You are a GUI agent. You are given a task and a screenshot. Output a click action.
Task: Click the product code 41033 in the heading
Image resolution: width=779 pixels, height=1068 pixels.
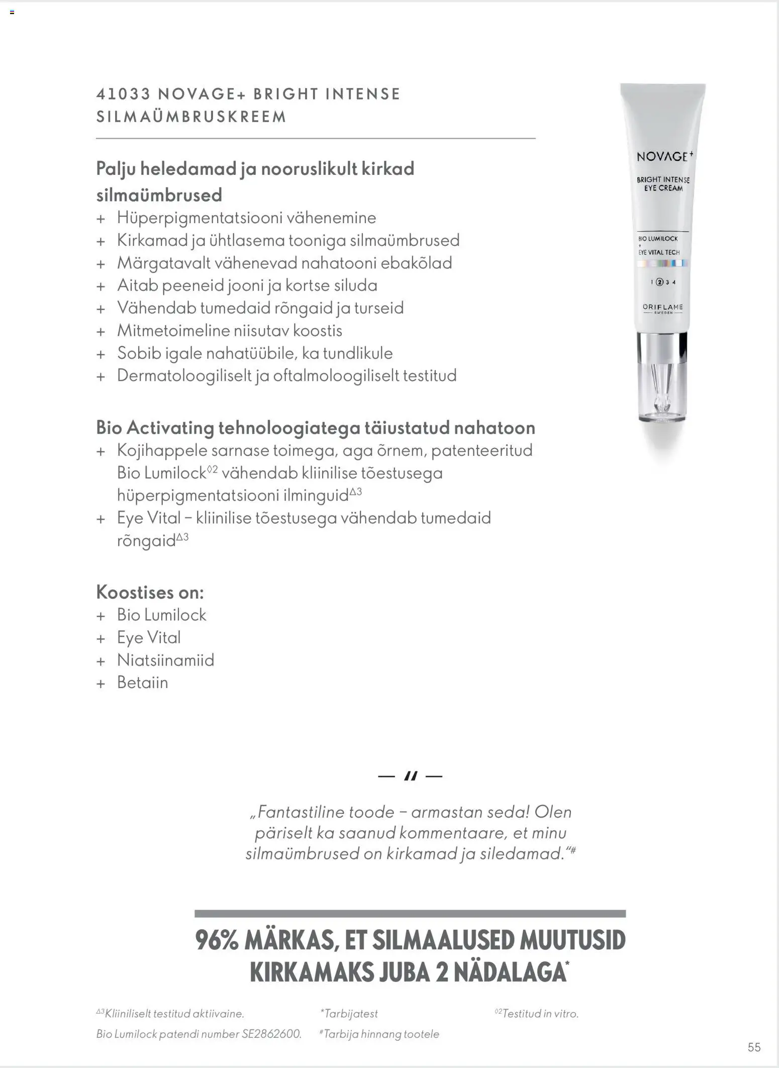[123, 94]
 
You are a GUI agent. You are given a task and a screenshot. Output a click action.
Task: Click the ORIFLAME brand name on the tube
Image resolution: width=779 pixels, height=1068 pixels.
[662, 307]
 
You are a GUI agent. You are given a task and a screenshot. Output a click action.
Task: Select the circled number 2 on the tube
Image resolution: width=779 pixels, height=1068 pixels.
[660, 282]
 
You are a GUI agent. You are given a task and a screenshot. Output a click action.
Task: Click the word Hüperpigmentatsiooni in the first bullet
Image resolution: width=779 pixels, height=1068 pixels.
[194, 218]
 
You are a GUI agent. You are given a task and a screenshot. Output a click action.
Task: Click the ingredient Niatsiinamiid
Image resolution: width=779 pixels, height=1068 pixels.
[165, 660]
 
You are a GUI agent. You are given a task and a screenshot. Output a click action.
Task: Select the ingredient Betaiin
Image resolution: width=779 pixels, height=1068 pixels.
[143, 683]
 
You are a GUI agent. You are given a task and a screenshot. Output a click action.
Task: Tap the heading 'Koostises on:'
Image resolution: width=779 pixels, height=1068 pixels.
[150, 592]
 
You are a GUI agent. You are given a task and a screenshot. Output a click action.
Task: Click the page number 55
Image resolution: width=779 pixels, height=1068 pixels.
[754, 1047]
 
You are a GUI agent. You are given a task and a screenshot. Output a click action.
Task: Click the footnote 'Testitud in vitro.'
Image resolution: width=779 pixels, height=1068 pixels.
[540, 1014]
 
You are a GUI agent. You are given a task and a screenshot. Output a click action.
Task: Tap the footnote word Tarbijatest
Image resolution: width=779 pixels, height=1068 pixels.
[351, 1014]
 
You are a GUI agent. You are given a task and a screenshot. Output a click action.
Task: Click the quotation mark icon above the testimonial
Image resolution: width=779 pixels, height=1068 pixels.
[410, 776]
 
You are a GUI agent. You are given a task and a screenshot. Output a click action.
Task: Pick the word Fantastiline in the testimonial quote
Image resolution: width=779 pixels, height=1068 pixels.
[301, 812]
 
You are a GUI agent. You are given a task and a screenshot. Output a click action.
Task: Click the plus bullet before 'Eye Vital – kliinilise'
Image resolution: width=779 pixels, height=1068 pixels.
[101, 519]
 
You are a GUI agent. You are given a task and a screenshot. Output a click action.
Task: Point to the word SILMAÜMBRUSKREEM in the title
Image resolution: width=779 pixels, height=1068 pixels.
[191, 117]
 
